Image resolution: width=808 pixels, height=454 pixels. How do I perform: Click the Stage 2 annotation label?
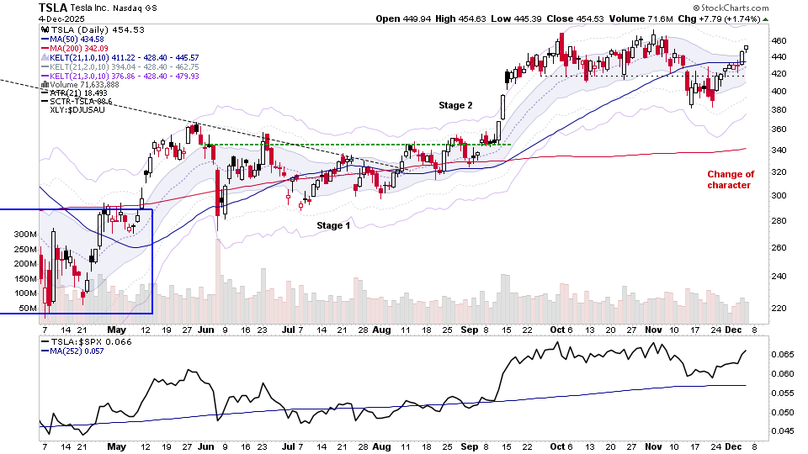tap(454, 105)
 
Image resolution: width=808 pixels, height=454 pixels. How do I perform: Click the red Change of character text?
tap(731, 180)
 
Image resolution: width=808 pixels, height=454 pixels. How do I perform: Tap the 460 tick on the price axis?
tap(779, 40)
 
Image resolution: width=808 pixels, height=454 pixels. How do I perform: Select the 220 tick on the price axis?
tap(779, 308)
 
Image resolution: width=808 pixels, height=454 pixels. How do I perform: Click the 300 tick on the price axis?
tap(779, 196)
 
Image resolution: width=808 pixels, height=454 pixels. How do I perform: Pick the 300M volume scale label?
tap(26, 234)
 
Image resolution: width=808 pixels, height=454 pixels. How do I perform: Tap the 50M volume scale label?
tap(28, 309)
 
